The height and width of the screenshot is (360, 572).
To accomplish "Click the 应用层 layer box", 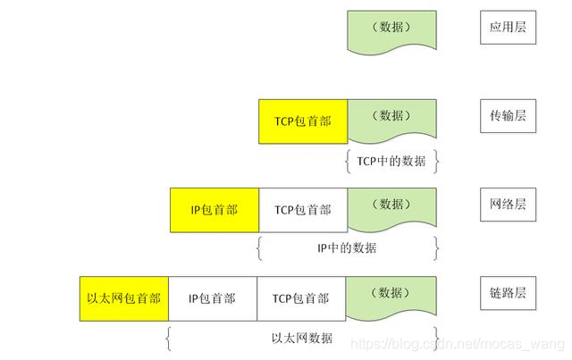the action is point(508,29).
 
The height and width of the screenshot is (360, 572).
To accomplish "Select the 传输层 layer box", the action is point(508,117).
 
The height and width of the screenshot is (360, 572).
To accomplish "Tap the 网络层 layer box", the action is point(508,205).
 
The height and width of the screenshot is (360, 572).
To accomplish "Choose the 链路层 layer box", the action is point(508,294).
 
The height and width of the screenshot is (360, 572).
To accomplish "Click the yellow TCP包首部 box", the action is point(302,121).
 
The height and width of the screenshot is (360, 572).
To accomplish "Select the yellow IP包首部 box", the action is point(214,210).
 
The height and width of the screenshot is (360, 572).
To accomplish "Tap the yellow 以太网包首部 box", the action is point(123,298).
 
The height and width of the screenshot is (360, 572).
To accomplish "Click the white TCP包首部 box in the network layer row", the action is point(302,210).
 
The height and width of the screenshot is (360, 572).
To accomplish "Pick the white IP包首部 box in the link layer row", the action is point(212,298).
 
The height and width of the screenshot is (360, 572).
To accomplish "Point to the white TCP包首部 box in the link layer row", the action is point(301,298).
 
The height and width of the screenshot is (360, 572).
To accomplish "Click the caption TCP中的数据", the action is point(391,161).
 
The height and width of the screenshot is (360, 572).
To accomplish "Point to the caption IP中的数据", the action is point(347,248).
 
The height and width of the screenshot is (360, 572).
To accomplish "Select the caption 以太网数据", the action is point(302,338).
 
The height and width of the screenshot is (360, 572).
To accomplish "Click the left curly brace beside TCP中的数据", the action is point(347,161).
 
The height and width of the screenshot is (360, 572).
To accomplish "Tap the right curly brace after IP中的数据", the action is point(437,248).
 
